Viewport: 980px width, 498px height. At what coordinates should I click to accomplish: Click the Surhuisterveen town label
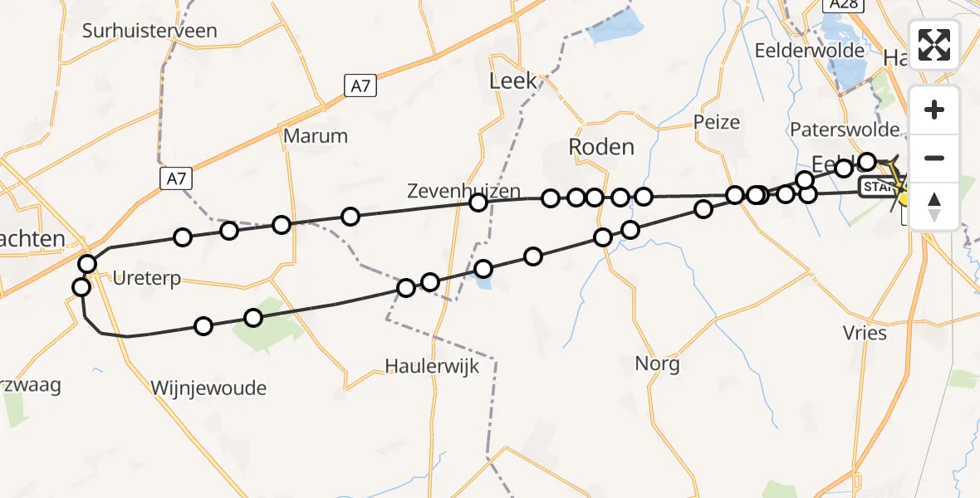149,32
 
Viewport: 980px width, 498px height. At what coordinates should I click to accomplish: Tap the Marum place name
316,135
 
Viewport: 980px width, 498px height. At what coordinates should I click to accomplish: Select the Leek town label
513,81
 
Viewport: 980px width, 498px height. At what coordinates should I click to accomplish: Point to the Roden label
601,147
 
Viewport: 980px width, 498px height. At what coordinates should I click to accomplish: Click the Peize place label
716,122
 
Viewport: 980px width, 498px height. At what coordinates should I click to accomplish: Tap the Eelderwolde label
810,50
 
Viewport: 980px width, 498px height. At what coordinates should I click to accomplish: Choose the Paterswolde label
845,129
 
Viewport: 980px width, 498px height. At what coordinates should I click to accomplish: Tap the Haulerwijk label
432,366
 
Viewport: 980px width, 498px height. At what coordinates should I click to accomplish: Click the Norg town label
657,363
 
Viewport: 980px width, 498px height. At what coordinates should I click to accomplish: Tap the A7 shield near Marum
360,84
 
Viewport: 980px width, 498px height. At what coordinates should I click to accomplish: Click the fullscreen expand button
934,44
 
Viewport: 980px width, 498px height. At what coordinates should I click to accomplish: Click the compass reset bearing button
934,207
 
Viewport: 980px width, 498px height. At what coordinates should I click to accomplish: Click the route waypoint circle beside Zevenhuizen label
478,203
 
